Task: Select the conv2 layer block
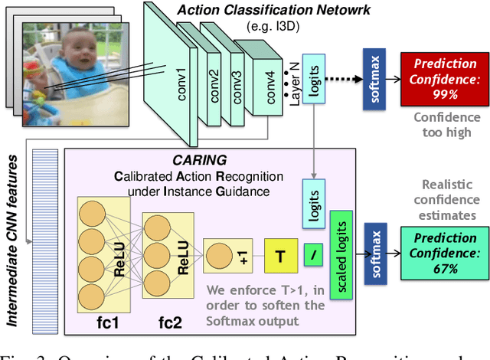(x=207, y=77)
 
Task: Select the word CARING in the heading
(x=202, y=162)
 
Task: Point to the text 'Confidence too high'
(x=447, y=125)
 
